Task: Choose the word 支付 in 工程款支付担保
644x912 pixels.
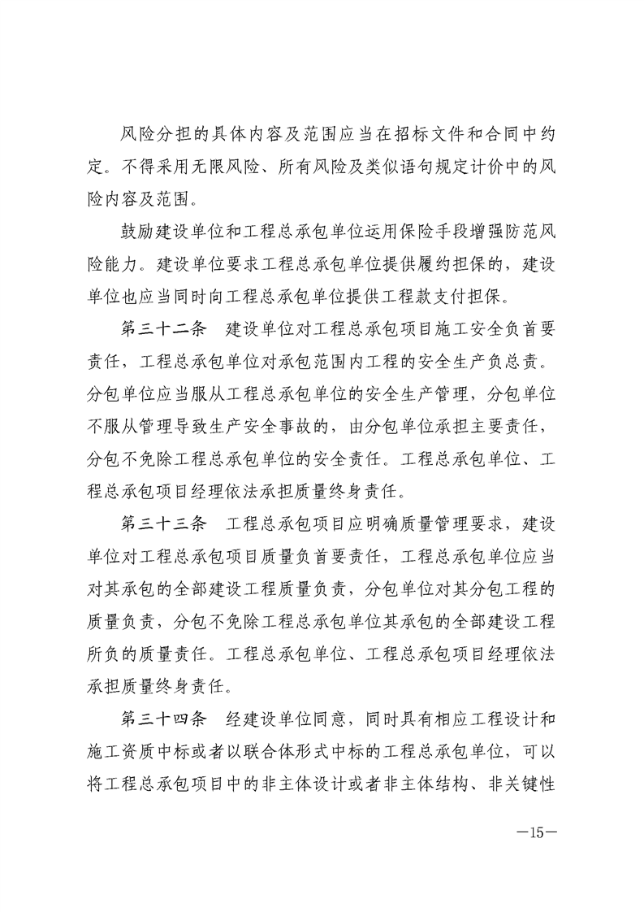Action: point(460,288)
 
